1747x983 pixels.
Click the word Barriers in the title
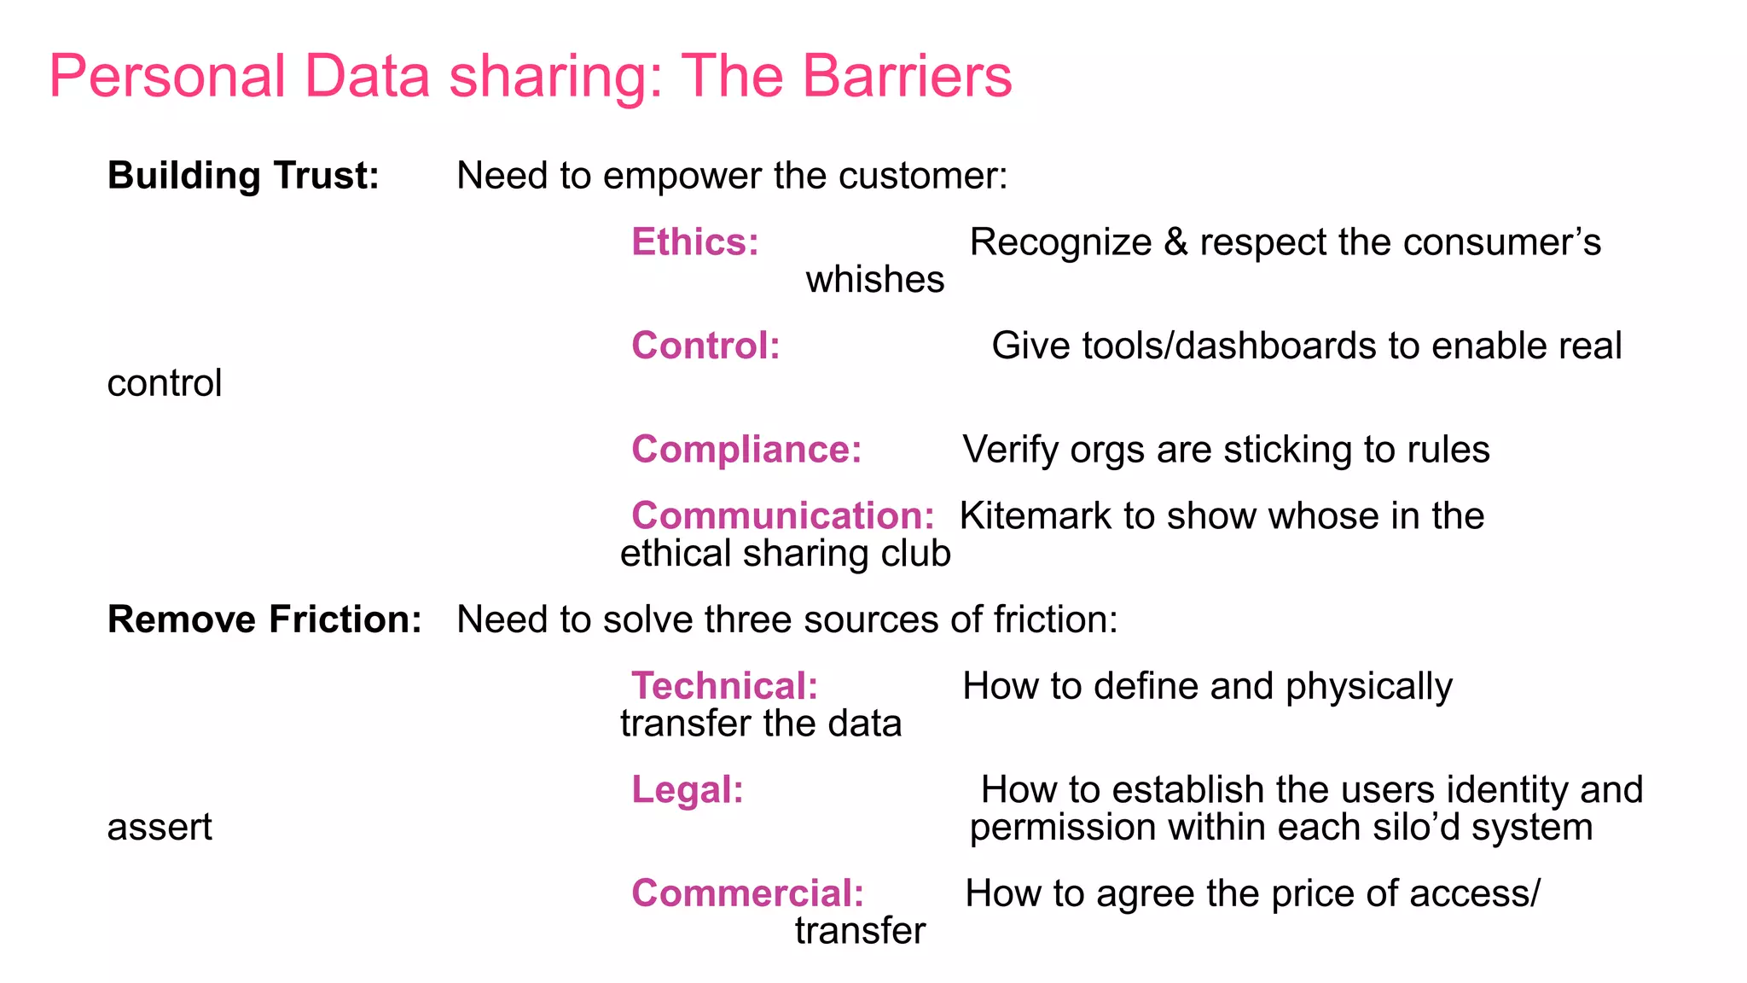point(907,77)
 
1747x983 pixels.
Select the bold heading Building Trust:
point(243,176)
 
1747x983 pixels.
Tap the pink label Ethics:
point(694,242)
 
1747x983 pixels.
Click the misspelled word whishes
point(875,280)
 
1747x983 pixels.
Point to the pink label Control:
point(705,346)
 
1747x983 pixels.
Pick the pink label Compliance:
point(746,450)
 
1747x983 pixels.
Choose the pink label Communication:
point(782,516)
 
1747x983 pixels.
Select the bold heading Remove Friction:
point(264,619)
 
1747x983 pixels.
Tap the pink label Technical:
point(724,686)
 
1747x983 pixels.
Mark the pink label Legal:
point(687,790)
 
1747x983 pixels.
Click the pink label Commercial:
point(747,893)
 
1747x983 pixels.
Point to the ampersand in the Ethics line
point(1175,242)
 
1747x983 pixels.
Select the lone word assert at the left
point(160,828)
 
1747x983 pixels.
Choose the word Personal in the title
point(167,77)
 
